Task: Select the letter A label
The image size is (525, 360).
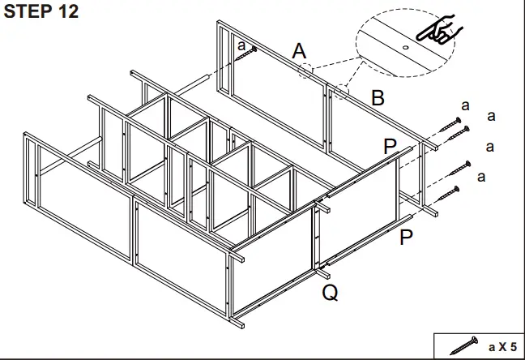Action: [x=300, y=52]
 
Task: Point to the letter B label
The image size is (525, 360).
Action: [x=378, y=98]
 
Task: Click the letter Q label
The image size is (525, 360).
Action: [x=330, y=293]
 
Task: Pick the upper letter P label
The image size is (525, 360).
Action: [x=391, y=146]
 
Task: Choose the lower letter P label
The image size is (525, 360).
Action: [x=407, y=237]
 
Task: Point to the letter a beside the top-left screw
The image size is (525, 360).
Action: [x=241, y=45]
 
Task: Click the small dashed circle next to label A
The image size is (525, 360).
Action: [x=305, y=71]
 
